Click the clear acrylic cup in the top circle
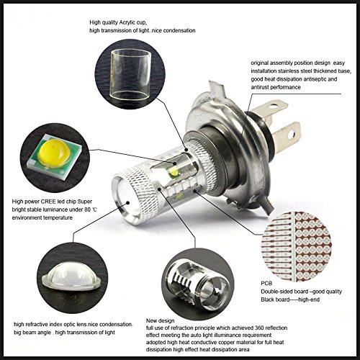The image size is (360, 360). point(131,75)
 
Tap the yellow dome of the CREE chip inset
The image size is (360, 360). point(55,153)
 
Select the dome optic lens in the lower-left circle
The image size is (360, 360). point(71,276)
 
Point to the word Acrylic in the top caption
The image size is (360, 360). point(127,23)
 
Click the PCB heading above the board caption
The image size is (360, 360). point(266,284)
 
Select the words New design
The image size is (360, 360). point(160,320)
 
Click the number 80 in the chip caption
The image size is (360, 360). point(87,210)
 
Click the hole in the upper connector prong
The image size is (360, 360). point(274,105)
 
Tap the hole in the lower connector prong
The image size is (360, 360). point(291,135)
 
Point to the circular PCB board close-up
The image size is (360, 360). point(297,246)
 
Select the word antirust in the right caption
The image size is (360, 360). point(260,87)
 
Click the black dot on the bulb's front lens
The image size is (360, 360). point(128,203)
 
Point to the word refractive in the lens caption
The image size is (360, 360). point(36,325)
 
